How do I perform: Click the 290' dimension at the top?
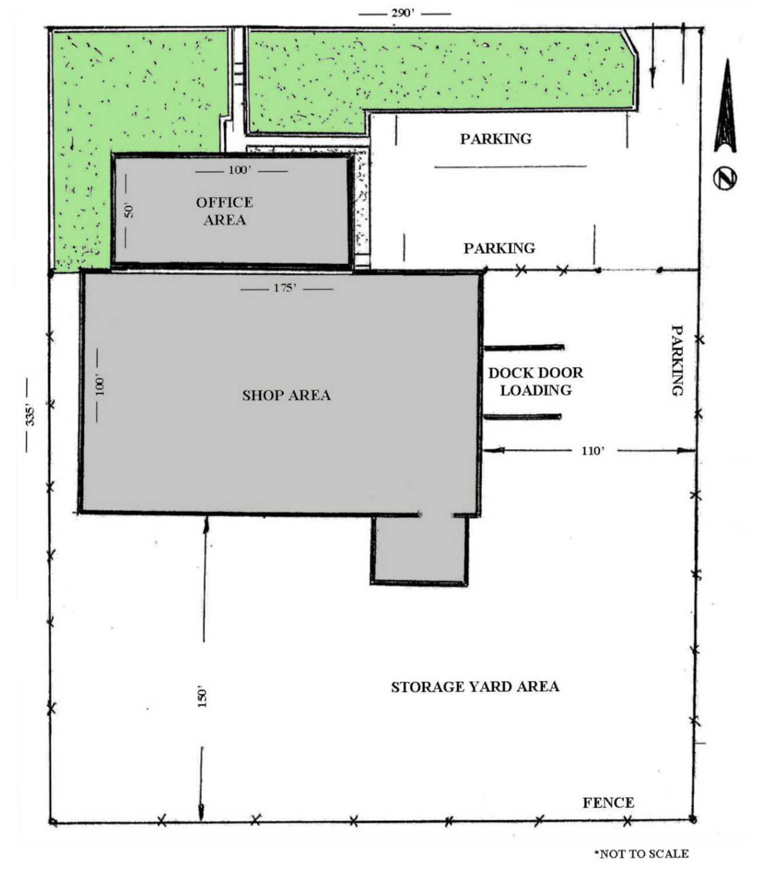pos(402,13)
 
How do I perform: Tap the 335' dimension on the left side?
pos(30,415)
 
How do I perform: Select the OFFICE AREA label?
pos(225,211)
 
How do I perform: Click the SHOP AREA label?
pos(286,396)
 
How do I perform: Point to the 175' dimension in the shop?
pos(285,288)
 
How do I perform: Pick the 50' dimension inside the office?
pos(129,209)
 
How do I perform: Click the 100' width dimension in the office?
pos(240,170)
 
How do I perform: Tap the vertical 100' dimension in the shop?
pos(100,385)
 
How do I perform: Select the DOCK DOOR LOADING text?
pos(535,382)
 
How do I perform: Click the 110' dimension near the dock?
pos(593,450)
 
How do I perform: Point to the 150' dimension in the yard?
pos(202,696)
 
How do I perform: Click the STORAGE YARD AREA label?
pos(475,687)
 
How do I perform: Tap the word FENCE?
pos(608,803)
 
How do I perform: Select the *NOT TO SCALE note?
pos(641,853)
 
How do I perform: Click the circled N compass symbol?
pos(725,178)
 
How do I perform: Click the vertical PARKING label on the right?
pos(677,360)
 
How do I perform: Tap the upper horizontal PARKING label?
pos(495,139)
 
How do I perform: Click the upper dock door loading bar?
pos(524,348)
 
